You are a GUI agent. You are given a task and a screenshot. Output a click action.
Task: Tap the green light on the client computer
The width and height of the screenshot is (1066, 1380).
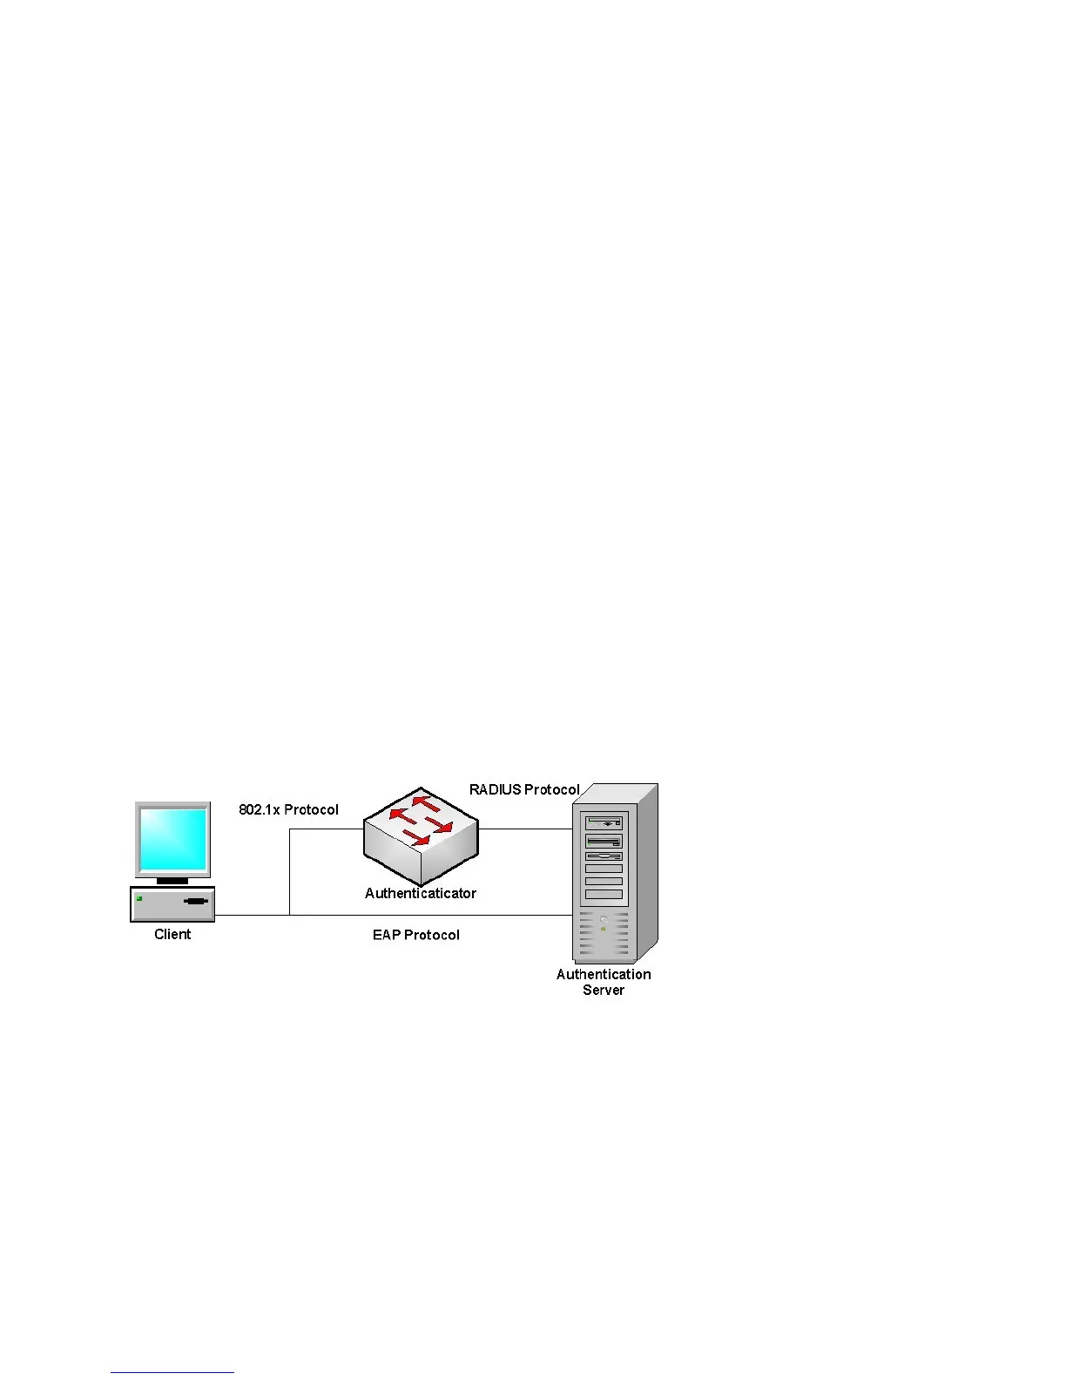point(139,898)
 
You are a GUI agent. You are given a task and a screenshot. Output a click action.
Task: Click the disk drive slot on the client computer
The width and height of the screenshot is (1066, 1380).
point(196,901)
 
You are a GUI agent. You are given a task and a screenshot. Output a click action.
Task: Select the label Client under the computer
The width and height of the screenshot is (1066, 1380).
point(172,935)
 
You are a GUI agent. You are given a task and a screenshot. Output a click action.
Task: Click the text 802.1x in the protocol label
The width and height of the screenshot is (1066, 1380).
point(259,810)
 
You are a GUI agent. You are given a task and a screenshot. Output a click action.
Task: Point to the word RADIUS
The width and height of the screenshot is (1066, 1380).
point(495,790)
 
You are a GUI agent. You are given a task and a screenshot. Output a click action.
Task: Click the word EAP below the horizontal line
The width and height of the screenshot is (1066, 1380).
point(386,936)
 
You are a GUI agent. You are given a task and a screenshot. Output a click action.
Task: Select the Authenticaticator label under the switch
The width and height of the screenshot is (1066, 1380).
point(421,894)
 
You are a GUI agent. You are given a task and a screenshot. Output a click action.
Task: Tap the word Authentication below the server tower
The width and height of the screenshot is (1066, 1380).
point(604,975)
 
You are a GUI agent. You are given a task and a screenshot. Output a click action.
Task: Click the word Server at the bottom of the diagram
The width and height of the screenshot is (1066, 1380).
point(604,991)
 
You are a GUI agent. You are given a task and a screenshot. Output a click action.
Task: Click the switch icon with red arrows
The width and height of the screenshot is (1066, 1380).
point(421,833)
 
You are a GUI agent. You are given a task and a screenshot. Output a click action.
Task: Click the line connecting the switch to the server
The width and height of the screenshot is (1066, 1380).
point(525,829)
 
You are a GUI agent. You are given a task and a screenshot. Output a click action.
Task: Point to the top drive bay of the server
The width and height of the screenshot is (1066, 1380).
point(604,822)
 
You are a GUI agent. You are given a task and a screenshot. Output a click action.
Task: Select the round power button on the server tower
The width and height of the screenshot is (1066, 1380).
point(603,919)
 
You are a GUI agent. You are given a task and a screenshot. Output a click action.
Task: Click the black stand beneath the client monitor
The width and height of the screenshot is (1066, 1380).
point(172,881)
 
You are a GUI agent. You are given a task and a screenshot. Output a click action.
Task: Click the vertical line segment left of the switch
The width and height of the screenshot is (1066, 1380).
point(289,871)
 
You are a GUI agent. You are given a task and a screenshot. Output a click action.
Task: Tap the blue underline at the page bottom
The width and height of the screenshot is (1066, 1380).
point(172,1373)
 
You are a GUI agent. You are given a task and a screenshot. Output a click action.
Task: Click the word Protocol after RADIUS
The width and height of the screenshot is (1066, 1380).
point(552,790)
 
